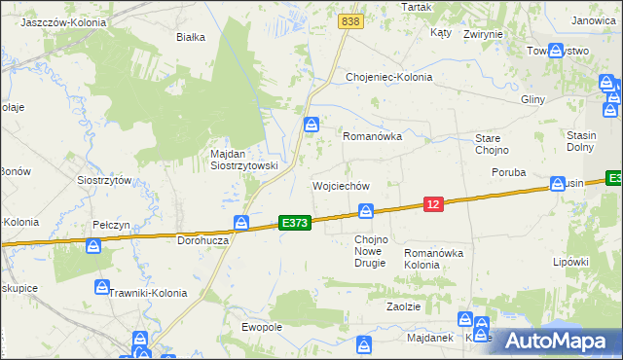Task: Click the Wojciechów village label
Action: (340, 185)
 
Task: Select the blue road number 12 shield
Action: (434, 202)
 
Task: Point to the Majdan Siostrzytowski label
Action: (244, 160)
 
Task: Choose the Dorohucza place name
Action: (202, 239)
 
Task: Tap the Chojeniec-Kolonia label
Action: (388, 78)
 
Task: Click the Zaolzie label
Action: (403, 306)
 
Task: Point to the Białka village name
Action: (190, 38)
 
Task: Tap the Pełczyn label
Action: (111, 225)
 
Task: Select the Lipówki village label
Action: (571, 262)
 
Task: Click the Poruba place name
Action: (508, 172)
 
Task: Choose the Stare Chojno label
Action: (487, 144)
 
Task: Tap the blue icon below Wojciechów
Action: (366, 210)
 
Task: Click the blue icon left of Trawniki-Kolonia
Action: (102, 287)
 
